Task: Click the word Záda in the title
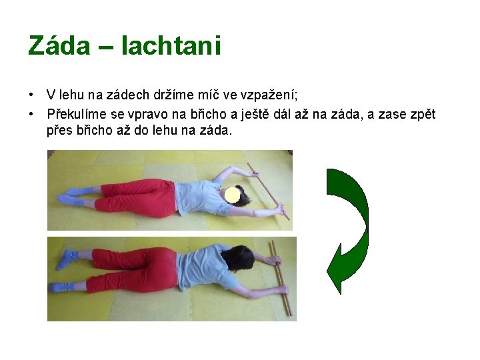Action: (59, 45)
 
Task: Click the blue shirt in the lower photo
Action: (203, 267)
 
